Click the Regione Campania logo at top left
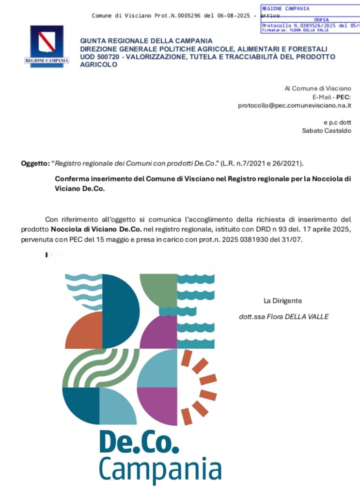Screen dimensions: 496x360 (47, 46)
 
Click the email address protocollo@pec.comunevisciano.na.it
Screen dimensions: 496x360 (295, 105)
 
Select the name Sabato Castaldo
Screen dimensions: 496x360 (327, 130)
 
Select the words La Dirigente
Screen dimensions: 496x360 (282, 301)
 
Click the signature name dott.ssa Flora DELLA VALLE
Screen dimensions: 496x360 (284, 317)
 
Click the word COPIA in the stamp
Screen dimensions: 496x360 (321, 20)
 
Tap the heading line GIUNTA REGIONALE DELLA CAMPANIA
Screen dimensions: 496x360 (146, 40)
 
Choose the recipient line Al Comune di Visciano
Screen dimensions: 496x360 (318, 88)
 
